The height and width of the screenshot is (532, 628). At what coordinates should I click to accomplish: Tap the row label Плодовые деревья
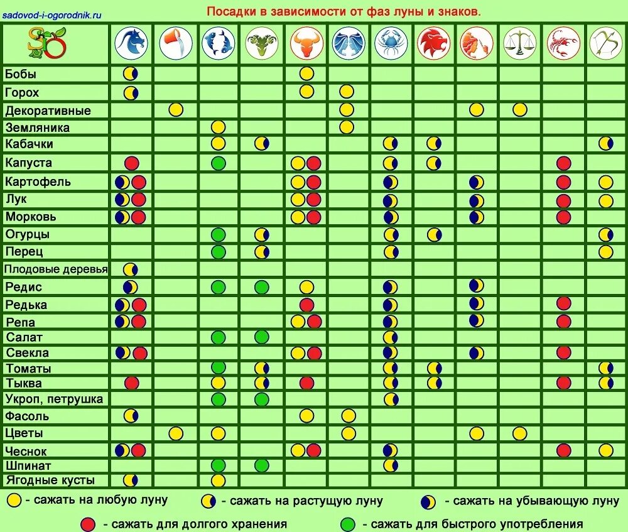click(56, 269)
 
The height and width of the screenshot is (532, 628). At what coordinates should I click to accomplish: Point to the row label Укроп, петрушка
click(54, 399)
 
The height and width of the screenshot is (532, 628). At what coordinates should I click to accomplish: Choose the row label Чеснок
click(26, 451)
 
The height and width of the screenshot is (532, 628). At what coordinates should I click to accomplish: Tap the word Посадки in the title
click(230, 12)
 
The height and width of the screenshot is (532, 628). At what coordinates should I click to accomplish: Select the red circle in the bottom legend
click(89, 523)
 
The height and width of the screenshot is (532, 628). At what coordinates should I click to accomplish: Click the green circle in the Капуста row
click(218, 163)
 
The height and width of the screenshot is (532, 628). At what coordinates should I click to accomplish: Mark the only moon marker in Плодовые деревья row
click(131, 269)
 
